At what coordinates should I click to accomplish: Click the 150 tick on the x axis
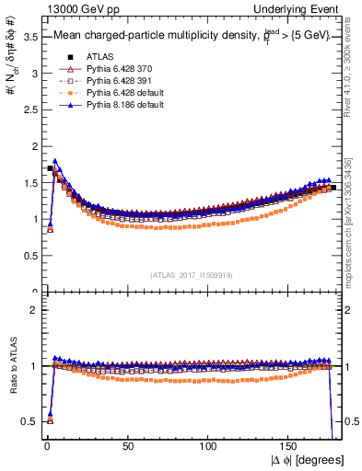pyautogui.click(x=291, y=446)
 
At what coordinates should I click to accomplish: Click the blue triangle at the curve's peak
pyautogui.click(x=55, y=161)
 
